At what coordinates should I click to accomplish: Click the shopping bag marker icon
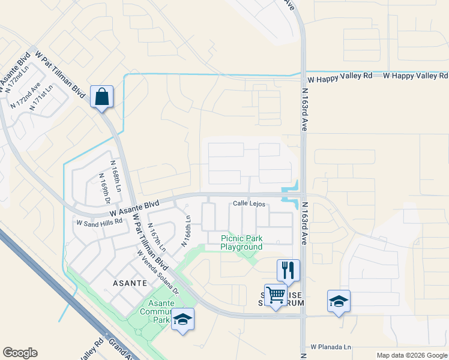(x=101, y=96)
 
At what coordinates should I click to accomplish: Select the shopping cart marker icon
(x=276, y=295)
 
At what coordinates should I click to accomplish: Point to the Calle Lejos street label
(x=249, y=204)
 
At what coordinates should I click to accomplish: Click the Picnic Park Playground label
(x=241, y=242)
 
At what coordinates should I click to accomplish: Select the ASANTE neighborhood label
(x=130, y=282)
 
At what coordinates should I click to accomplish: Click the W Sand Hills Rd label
(x=99, y=221)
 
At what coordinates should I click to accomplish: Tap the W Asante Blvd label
(x=134, y=208)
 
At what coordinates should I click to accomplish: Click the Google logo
(x=20, y=353)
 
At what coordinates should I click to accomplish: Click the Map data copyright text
(x=412, y=355)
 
